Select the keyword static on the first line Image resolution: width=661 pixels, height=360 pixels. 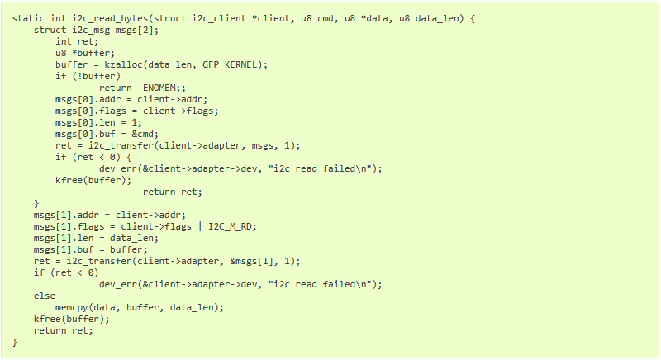point(28,18)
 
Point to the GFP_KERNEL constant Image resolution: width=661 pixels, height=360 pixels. point(230,65)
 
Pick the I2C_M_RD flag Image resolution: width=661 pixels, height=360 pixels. point(230,226)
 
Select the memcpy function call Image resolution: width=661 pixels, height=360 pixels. point(72,308)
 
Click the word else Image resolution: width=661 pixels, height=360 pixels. point(45,296)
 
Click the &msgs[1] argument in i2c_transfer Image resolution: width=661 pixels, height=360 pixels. point(251,262)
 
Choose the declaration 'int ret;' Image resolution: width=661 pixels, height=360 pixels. point(77,41)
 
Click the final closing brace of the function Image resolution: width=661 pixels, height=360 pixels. point(15,343)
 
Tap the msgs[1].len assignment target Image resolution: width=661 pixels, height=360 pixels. point(64,239)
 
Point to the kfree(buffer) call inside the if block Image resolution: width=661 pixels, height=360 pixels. point(93,181)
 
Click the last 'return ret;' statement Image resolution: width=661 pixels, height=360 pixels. point(64,331)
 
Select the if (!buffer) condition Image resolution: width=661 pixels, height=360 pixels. point(88,77)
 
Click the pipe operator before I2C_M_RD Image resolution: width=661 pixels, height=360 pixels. point(200,226)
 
